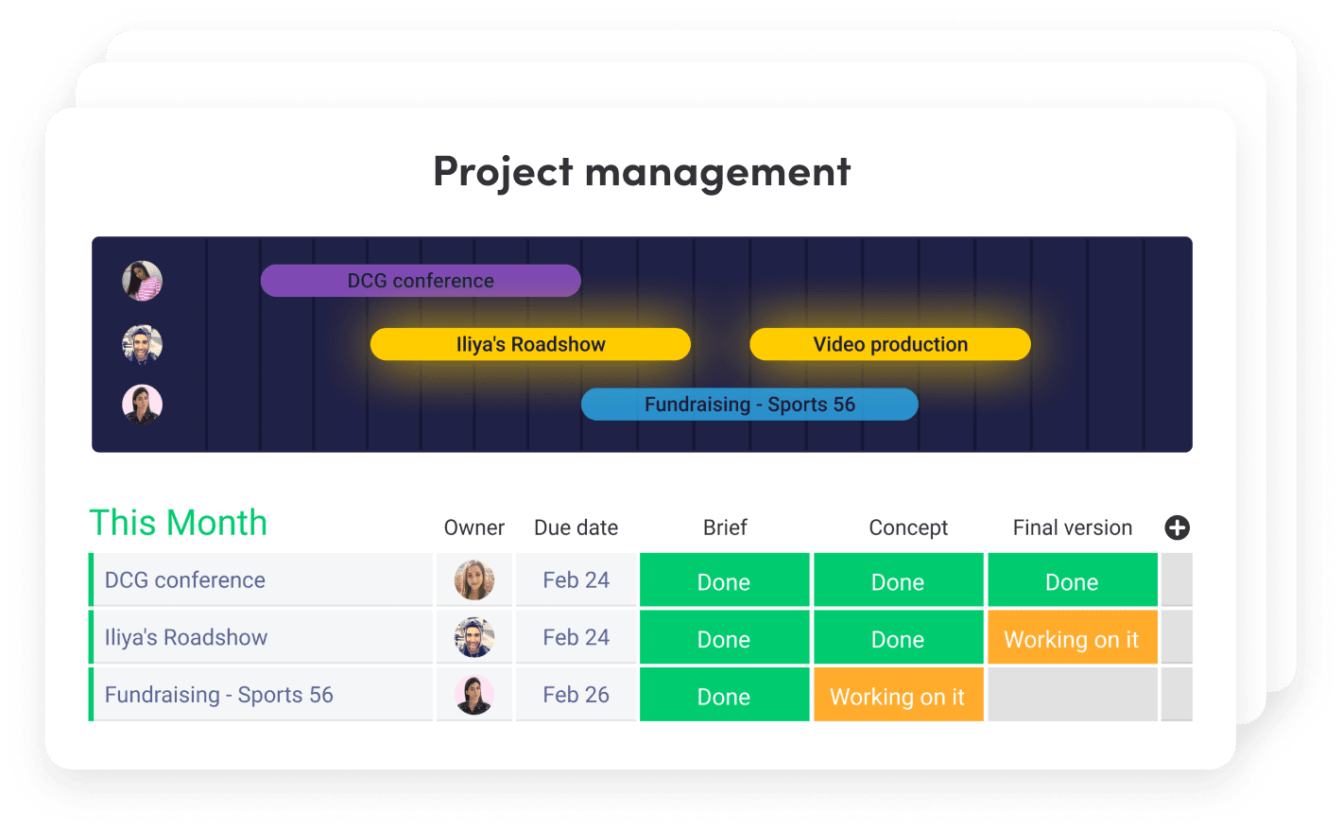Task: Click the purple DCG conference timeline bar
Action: (421, 281)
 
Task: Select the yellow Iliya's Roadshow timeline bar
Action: (530, 344)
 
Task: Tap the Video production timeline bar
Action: (890, 344)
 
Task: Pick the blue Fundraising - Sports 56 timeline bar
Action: (749, 404)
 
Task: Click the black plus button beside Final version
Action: (1177, 527)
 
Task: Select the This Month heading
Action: (178, 523)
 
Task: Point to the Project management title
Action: (642, 172)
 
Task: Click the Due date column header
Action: (576, 527)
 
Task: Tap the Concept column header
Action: (908, 527)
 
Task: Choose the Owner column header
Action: (473, 527)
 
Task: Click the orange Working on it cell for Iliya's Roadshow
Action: (1073, 637)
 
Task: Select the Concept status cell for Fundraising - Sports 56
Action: (898, 695)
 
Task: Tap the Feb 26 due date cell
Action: (576, 695)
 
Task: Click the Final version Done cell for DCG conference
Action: (1073, 579)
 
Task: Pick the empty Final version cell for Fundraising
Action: (1073, 695)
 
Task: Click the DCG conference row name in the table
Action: (184, 580)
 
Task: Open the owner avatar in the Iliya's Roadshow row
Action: (473, 637)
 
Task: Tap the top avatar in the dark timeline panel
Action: (142, 281)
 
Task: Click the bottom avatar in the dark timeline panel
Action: (142, 404)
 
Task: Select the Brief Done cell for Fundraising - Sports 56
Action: (724, 695)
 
